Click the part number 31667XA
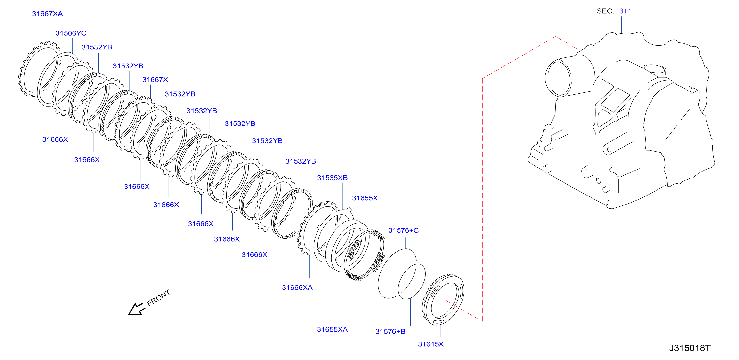(47, 14)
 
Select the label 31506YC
(71, 33)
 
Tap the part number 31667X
(155, 80)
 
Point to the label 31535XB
(332, 178)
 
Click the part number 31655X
(365, 198)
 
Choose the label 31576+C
(403, 230)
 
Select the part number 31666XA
(297, 287)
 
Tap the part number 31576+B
(390, 331)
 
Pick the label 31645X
(430, 344)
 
